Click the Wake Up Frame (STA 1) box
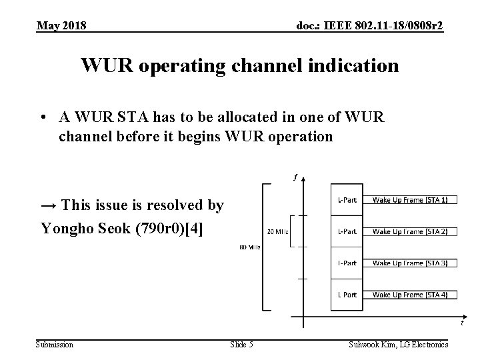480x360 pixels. (x=409, y=200)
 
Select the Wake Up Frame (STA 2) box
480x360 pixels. (x=409, y=231)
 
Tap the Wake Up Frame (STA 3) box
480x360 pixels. (x=409, y=263)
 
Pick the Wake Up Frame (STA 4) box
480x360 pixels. (x=409, y=294)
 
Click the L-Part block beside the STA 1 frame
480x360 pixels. (x=347, y=200)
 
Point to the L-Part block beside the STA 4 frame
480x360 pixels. (x=347, y=294)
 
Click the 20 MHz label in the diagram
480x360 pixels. (x=277, y=231)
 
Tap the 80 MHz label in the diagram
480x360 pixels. (x=250, y=247)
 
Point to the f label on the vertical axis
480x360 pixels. (x=295, y=177)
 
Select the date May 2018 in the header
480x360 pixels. (x=61, y=25)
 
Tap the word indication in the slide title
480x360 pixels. (x=350, y=66)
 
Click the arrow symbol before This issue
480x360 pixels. (x=49, y=206)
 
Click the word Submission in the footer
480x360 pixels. (x=55, y=344)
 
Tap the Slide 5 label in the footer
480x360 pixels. (x=241, y=344)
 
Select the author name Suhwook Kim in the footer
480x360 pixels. (x=375, y=344)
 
